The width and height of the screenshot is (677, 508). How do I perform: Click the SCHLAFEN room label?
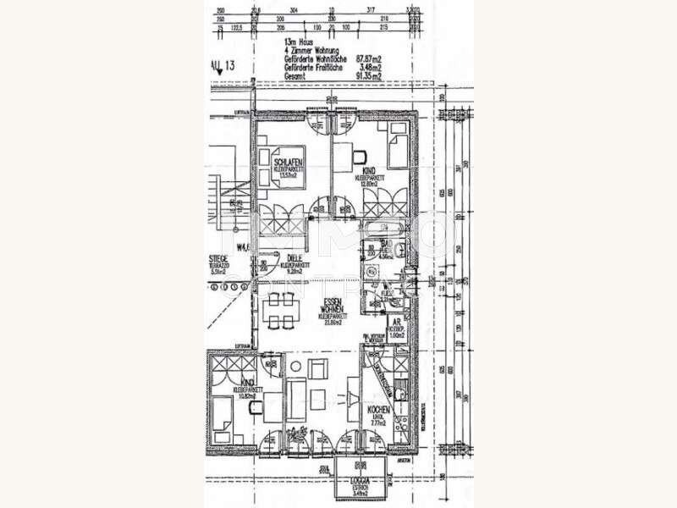point(283,163)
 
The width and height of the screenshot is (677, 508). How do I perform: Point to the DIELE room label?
point(294,258)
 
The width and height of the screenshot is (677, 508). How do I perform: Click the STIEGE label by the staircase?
point(220,260)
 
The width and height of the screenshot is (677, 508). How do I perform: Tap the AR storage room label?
point(395,323)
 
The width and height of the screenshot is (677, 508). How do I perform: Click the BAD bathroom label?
point(383,243)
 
